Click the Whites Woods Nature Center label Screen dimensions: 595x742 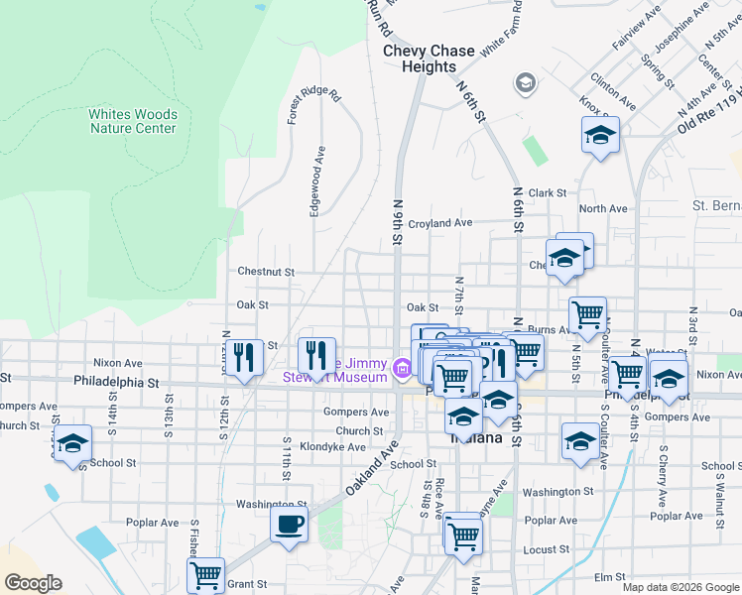[x=132, y=121]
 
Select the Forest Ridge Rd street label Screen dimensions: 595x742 [x=313, y=107]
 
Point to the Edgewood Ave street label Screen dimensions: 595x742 [x=318, y=181]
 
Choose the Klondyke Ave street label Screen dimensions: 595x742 [x=332, y=447]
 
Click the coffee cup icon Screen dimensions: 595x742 [x=289, y=524]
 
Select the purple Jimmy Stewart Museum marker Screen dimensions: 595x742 [x=402, y=369]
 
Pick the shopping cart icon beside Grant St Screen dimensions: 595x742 [x=205, y=574]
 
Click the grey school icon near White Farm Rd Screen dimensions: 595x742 [x=525, y=82]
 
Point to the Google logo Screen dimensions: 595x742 [x=33, y=583]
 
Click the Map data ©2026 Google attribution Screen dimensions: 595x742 [x=680, y=587]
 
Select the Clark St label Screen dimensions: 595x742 [x=547, y=193]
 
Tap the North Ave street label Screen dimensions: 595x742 [x=603, y=209]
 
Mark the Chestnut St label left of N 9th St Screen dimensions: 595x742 [x=266, y=271]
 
